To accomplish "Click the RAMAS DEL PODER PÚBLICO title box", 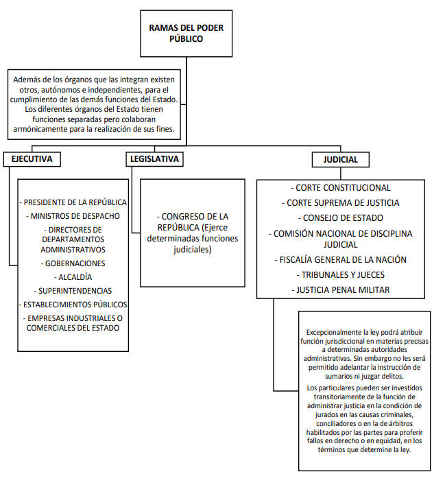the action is tap(187, 34).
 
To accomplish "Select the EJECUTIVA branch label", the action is tap(32, 159).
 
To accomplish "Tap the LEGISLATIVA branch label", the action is tap(154, 159).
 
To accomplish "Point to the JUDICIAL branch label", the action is tap(341, 160).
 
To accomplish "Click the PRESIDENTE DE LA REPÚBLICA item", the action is tap(73, 202).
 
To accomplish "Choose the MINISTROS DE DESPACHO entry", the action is tap(73, 216).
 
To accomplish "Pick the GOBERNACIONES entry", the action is tap(73, 263).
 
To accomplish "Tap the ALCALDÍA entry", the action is tap(73, 277).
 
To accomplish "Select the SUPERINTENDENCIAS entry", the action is tap(73, 291).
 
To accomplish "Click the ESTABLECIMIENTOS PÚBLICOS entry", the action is tap(73, 305).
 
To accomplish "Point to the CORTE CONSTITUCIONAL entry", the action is tap(341, 188).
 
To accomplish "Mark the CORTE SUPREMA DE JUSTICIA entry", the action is tap(341, 202).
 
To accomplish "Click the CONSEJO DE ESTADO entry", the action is tap(341, 217).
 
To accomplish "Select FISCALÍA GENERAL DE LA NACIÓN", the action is tap(341, 259).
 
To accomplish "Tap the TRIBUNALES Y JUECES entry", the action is tap(341, 274).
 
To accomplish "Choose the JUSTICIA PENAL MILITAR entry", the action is tap(341, 289).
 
